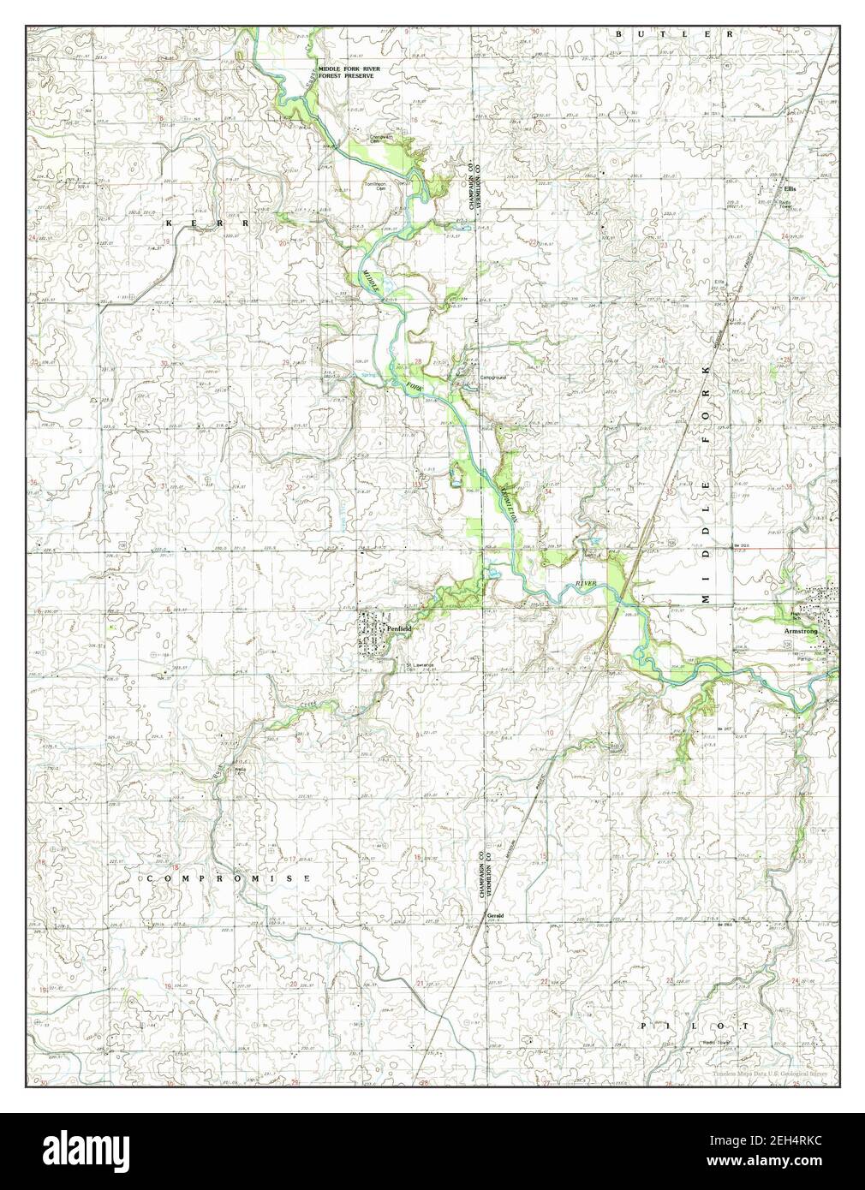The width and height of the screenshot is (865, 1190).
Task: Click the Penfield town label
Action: [x=399, y=628]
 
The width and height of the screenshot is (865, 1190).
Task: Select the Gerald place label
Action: [x=495, y=915]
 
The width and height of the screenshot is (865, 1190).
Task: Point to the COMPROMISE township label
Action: [x=227, y=878]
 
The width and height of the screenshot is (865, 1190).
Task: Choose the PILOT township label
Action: [x=695, y=1025]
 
